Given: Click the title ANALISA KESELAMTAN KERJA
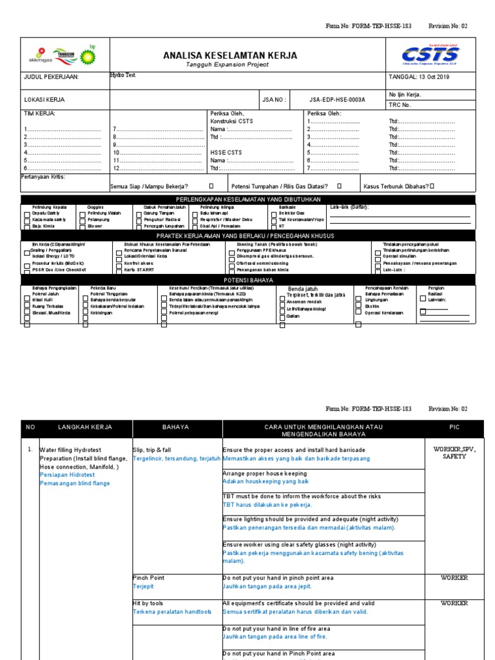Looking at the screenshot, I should point(230,56).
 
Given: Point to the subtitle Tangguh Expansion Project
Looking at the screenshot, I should point(230,66).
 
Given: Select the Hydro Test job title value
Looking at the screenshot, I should point(122,75).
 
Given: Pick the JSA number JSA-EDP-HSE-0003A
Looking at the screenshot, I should point(336,100).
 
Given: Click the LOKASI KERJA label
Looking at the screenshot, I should point(44,100).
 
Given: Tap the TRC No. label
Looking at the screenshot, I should point(400,104).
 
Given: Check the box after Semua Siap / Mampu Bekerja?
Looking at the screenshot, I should point(210,186).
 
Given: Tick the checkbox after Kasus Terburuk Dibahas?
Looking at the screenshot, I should point(432,186).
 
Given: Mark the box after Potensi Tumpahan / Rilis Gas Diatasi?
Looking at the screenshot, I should point(339,186).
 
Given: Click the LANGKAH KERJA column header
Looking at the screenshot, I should point(85,427).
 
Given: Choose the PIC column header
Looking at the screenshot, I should point(454,427).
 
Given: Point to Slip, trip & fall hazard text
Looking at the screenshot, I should point(151,449).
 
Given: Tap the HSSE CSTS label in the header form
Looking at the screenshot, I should point(226,152).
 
